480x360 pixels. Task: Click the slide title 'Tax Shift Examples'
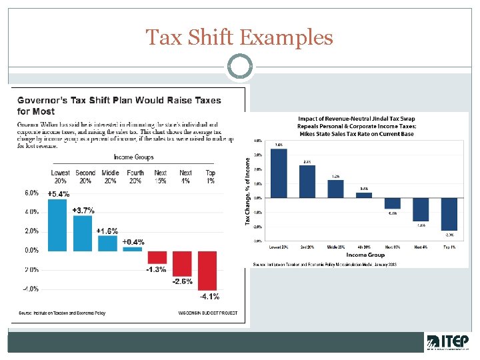(239, 37)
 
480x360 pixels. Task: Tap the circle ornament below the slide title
(239, 67)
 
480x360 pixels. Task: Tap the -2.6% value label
(183, 281)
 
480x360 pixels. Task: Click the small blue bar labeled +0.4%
(133, 249)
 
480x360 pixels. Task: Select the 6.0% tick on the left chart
(31, 193)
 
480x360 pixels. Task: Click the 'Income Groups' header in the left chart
(133, 157)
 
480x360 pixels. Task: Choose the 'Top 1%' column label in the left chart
(211, 177)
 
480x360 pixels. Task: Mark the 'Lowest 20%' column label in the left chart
(60, 177)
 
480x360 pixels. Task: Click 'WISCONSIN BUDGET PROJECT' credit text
(208, 312)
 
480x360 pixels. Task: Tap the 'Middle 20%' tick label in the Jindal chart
(335, 247)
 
